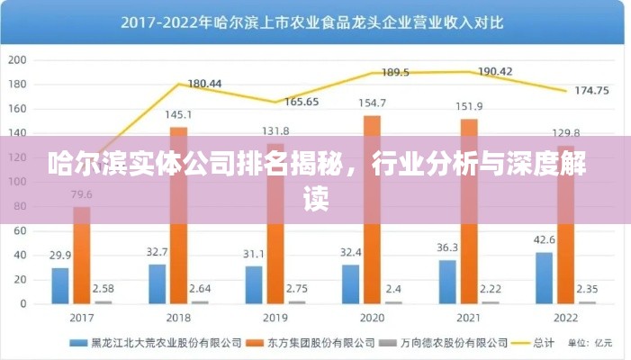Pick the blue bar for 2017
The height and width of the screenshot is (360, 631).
coord(60,285)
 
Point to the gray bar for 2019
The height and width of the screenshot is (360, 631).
coord(297,302)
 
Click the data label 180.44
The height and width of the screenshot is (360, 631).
coord(203,84)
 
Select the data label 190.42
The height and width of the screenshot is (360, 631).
coord(494,71)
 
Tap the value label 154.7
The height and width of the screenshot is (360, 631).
coord(371,103)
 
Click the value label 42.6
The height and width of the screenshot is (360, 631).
coord(543,239)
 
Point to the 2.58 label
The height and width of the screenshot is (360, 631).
coord(104,288)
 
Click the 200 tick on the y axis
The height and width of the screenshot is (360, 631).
coord(17,60)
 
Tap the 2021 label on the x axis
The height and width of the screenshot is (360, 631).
coord(470,318)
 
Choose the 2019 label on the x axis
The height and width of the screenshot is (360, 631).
coord(276,318)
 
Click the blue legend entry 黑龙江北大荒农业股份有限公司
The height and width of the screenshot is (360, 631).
coord(162,343)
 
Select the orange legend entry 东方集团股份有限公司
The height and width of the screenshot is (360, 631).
coord(319,343)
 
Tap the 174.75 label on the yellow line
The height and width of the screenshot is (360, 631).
coord(590,90)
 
